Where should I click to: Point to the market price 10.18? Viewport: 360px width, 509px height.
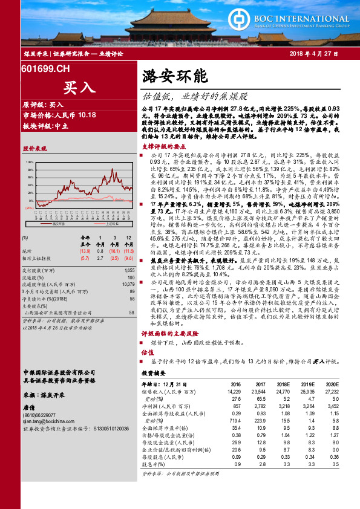coord(87,114)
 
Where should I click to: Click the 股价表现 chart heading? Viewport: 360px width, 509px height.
coord(34,148)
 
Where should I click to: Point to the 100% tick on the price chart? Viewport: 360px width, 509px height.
coord(29,163)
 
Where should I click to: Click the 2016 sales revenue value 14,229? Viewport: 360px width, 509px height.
coord(233,392)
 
